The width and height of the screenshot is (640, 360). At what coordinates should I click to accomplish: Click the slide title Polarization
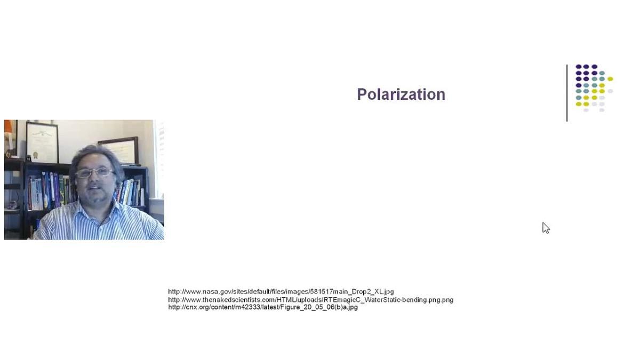[401, 94]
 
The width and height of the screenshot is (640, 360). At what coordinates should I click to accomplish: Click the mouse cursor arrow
[546, 228]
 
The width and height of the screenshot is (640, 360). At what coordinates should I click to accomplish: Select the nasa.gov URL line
[281, 292]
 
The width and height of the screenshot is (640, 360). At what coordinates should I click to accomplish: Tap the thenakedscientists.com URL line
[310, 300]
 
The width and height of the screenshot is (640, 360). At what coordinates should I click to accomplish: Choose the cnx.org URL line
[263, 307]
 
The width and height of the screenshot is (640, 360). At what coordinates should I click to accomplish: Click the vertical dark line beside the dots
[567, 93]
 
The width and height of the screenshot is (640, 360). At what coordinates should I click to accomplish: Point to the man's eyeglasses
[94, 173]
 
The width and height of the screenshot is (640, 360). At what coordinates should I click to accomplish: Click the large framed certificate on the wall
[42, 142]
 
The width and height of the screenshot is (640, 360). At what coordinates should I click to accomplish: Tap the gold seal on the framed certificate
[35, 155]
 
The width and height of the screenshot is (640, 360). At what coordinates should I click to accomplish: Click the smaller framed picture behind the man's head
[119, 150]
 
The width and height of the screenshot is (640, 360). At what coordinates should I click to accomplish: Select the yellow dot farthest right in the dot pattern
[610, 79]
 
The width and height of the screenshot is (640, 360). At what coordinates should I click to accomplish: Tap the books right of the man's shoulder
[131, 192]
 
